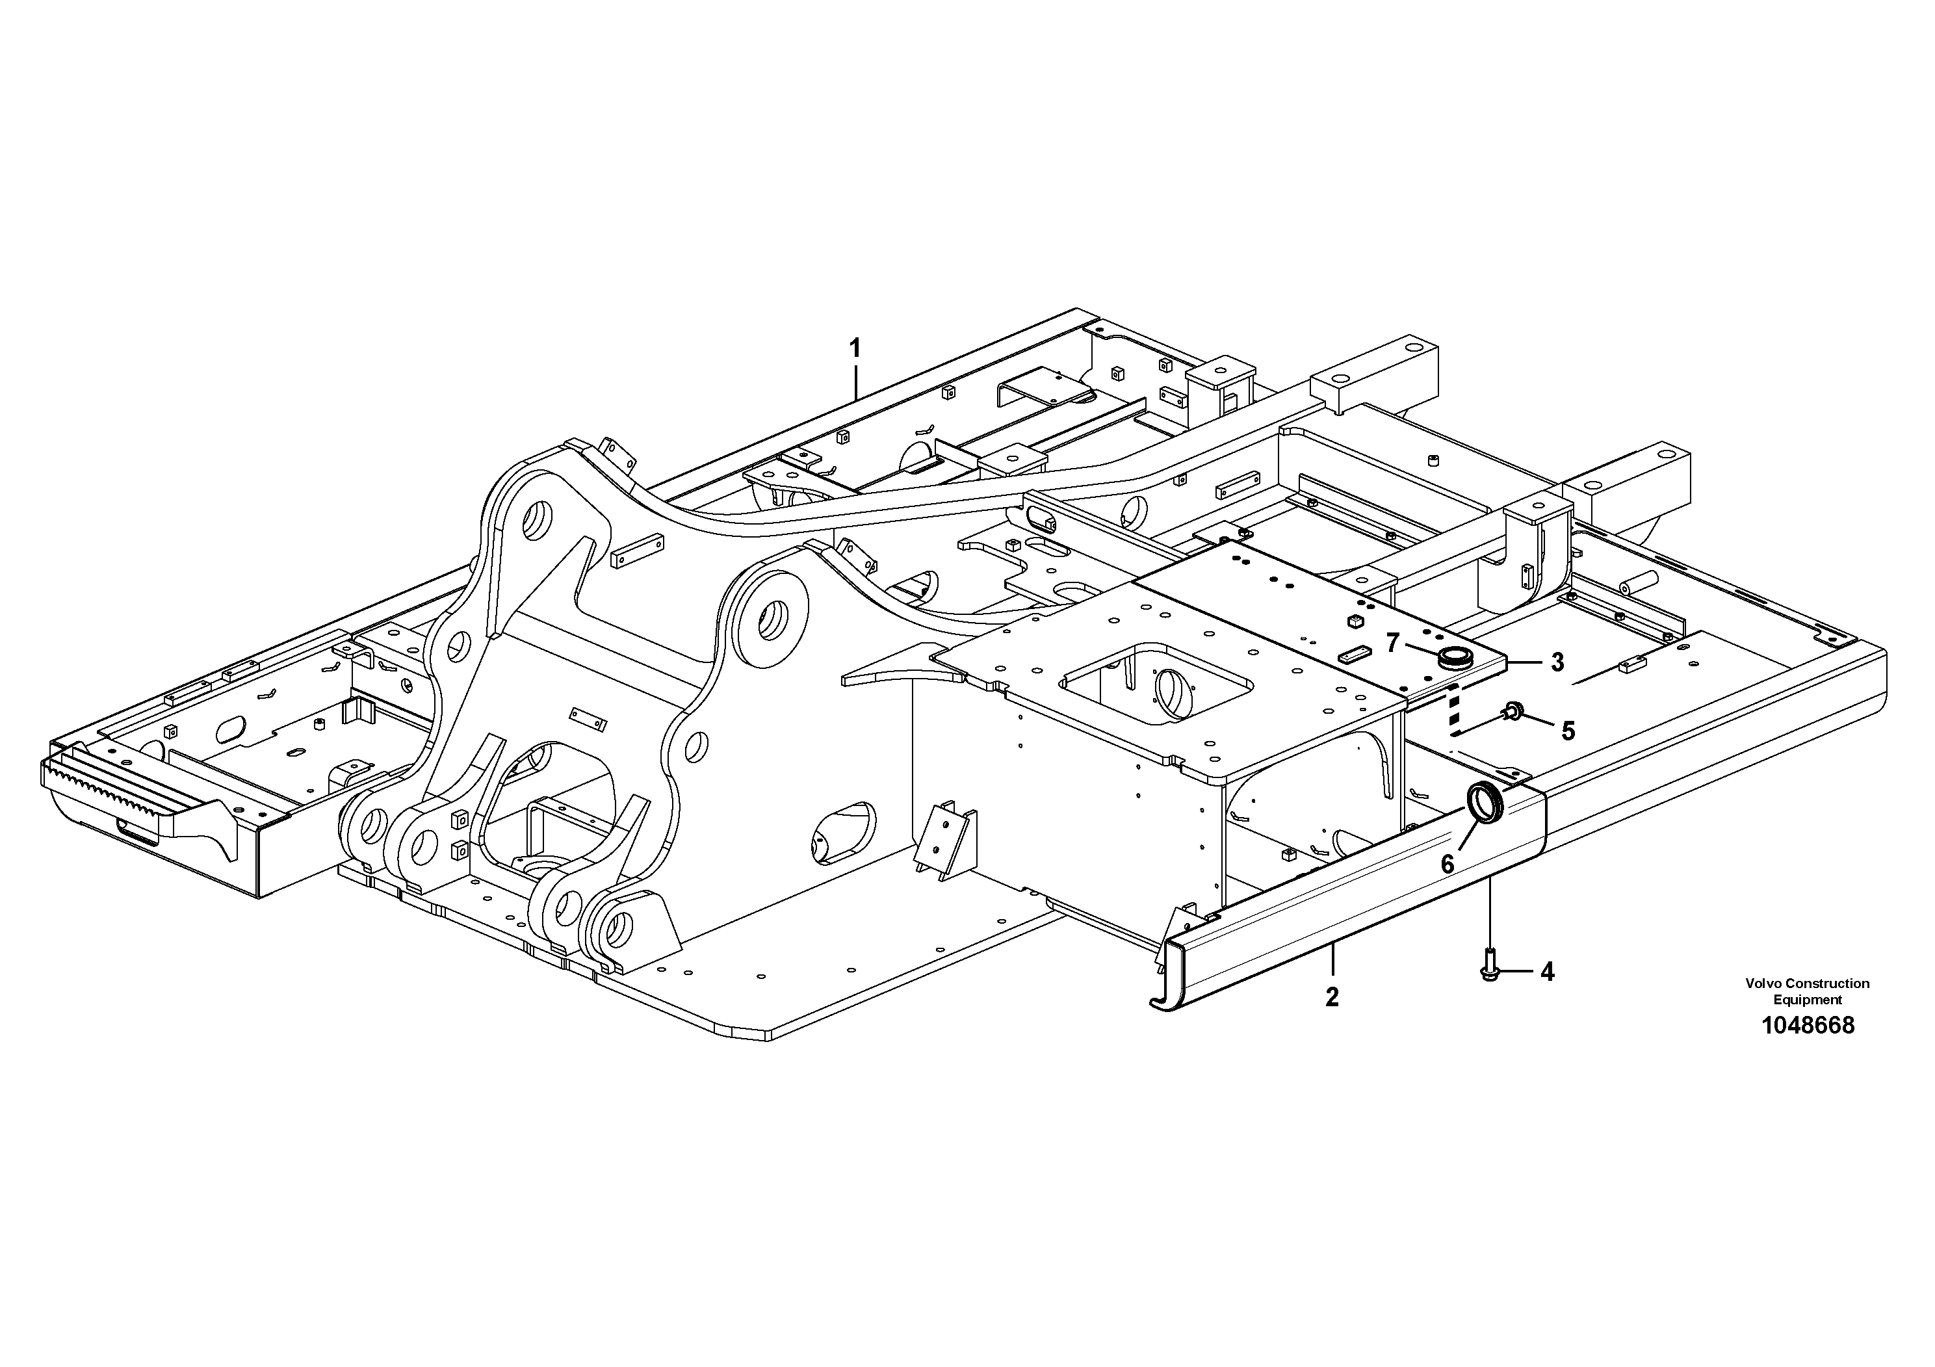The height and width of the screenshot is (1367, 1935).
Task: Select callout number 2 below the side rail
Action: click(1332, 998)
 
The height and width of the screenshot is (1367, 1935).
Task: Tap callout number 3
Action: click(1557, 663)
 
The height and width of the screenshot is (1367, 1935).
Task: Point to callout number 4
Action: click(1548, 972)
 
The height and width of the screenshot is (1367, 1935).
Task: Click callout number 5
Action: click(1568, 731)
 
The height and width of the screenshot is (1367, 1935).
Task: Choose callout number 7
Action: click(1417, 643)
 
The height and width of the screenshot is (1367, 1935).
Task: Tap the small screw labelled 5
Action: click(1512, 713)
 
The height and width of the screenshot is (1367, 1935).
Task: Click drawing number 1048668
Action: click(1808, 1026)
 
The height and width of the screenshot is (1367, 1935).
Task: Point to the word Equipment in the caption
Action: click(1808, 1000)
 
